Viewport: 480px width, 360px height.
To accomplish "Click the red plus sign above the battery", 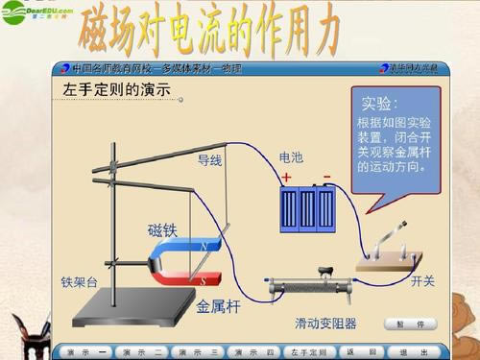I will (x=286, y=178).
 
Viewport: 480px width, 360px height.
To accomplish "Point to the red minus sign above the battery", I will (x=326, y=177).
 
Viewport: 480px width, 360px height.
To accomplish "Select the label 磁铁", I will (x=162, y=229).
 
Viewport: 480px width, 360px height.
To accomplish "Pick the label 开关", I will (x=423, y=280).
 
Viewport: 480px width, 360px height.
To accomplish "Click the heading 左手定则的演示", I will (x=116, y=89).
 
